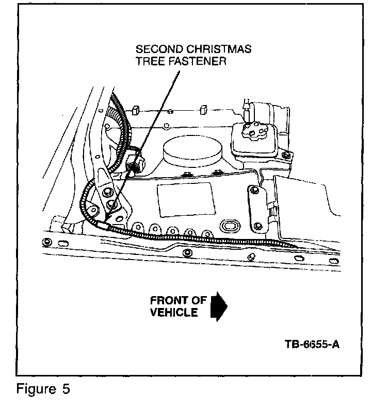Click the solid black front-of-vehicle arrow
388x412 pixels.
tap(219, 306)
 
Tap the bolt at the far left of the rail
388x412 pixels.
tap(47, 242)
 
